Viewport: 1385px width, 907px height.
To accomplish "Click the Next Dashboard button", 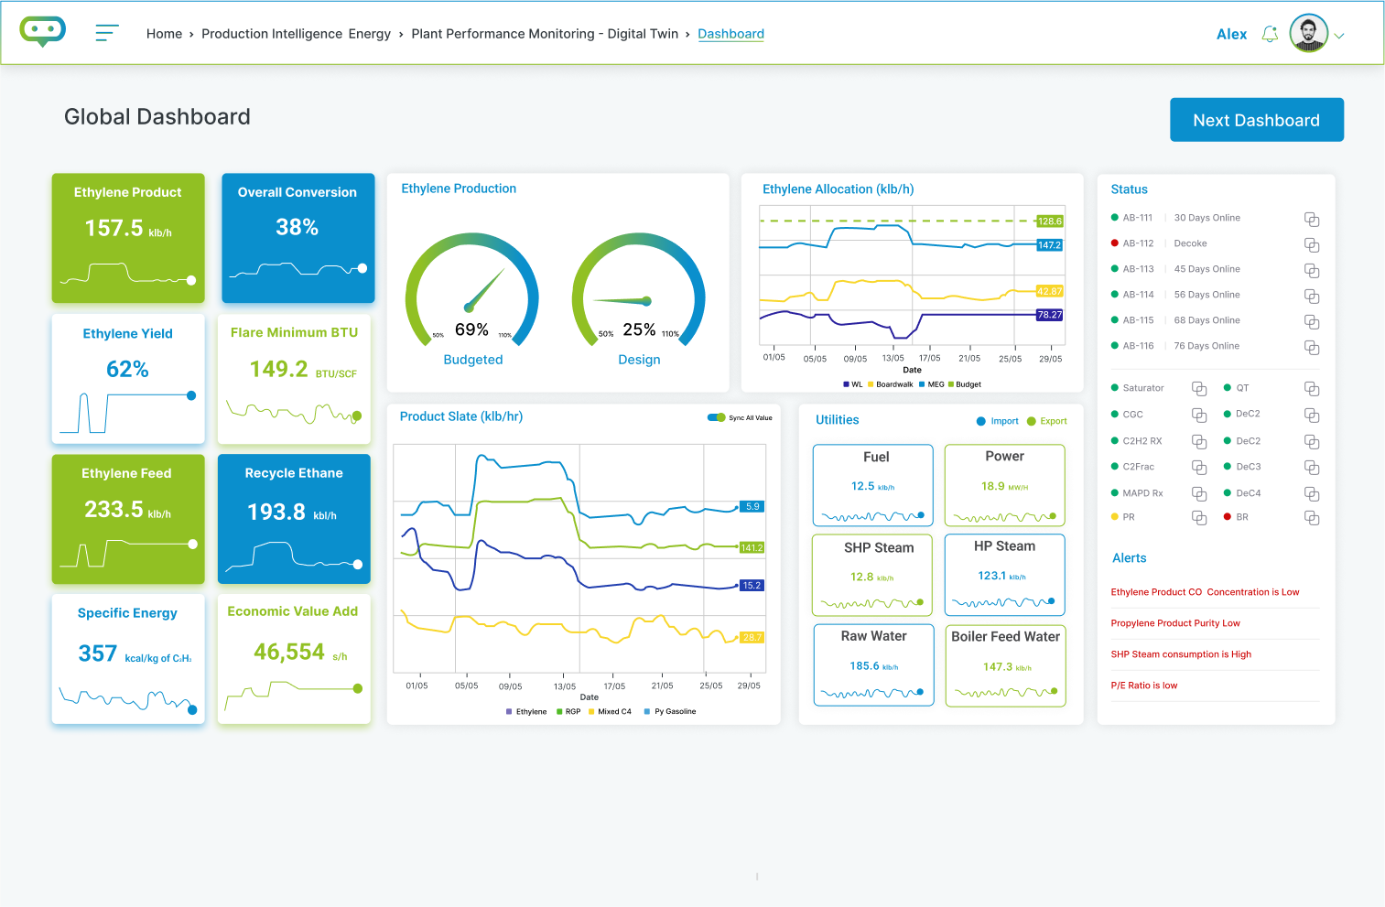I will coord(1256,120).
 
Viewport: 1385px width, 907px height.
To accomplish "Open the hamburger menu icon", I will coord(107,34).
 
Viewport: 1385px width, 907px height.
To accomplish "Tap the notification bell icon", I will coord(1270,35).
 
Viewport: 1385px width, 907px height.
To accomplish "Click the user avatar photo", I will coord(1308,34).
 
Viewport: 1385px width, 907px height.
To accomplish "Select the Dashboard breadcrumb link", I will coord(730,34).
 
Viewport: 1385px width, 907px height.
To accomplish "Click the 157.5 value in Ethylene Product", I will coord(114,228).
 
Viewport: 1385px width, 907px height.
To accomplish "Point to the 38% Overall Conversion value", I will coord(298,227).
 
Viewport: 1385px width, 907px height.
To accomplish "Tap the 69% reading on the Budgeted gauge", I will coord(471,329).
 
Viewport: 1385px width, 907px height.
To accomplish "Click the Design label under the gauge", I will coord(639,360).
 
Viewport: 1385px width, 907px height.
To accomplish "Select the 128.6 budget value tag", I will coord(1050,221).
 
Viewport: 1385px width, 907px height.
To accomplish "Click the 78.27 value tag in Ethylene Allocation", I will coord(1049,315).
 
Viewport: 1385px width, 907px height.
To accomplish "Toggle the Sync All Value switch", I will coord(716,417).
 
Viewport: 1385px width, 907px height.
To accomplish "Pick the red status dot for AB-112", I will coord(1114,243).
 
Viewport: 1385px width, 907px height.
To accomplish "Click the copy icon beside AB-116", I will coord(1312,347).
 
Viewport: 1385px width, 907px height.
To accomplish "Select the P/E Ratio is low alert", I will coord(1144,686).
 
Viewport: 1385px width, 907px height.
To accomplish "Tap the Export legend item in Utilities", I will coord(1047,421).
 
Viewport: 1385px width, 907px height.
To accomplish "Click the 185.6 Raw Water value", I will coord(864,666).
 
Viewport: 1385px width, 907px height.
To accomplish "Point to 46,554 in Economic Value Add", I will coord(289,652).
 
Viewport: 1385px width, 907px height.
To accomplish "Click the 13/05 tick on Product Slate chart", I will coord(565,686).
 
